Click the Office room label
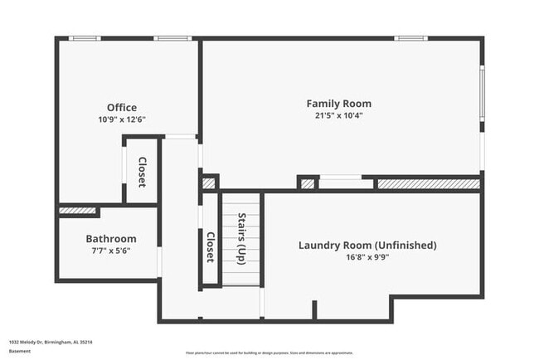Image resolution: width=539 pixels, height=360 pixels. click(122, 107)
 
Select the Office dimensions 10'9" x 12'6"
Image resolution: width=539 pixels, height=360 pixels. click(122, 119)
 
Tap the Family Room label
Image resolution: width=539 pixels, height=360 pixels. click(338, 104)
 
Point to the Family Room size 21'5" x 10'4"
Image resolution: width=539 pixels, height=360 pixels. click(338, 115)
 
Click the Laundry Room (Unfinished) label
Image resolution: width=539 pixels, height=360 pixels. click(367, 246)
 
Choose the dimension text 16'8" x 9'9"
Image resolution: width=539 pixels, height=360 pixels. click(367, 257)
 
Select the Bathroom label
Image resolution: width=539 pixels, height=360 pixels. click(111, 239)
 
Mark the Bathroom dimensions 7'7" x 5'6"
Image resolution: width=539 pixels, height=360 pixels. click(111, 251)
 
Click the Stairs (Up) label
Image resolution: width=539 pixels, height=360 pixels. click(241, 235)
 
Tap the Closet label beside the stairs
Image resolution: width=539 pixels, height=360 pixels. click(211, 246)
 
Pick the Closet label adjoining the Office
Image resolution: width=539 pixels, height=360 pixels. click(142, 173)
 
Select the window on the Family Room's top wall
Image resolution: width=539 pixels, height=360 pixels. click(410, 38)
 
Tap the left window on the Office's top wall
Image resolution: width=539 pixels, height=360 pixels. click(85, 38)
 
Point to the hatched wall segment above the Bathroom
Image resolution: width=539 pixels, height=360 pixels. click(77, 211)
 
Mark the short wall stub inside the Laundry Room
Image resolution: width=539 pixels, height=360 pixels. click(314, 309)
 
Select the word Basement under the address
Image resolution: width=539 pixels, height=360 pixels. click(20, 351)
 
